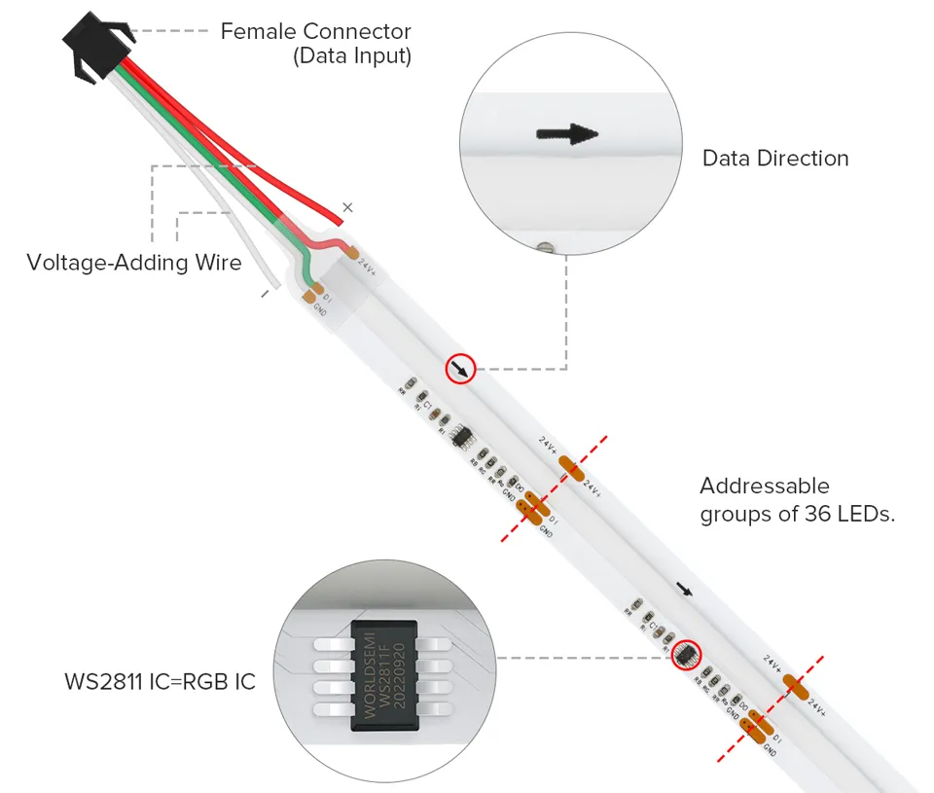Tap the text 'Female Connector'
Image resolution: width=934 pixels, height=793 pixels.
[x=315, y=32]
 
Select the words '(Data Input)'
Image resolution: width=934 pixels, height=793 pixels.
[x=352, y=56]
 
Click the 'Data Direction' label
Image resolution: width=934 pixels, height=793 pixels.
[x=775, y=159]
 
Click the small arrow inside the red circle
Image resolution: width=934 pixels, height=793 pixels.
[x=460, y=369]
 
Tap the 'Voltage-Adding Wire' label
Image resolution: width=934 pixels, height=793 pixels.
[x=134, y=263]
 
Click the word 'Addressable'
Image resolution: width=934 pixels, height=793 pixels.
[x=765, y=486]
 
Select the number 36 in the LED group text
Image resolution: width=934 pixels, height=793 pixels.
[x=817, y=515]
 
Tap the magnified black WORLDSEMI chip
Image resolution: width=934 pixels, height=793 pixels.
[x=384, y=671]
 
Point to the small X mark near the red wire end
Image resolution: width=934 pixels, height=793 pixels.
[x=348, y=206]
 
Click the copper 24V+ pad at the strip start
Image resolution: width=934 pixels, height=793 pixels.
[x=351, y=252]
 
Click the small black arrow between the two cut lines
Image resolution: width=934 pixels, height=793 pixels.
[x=686, y=590]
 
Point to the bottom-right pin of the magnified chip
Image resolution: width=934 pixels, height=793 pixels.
[x=436, y=703]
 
